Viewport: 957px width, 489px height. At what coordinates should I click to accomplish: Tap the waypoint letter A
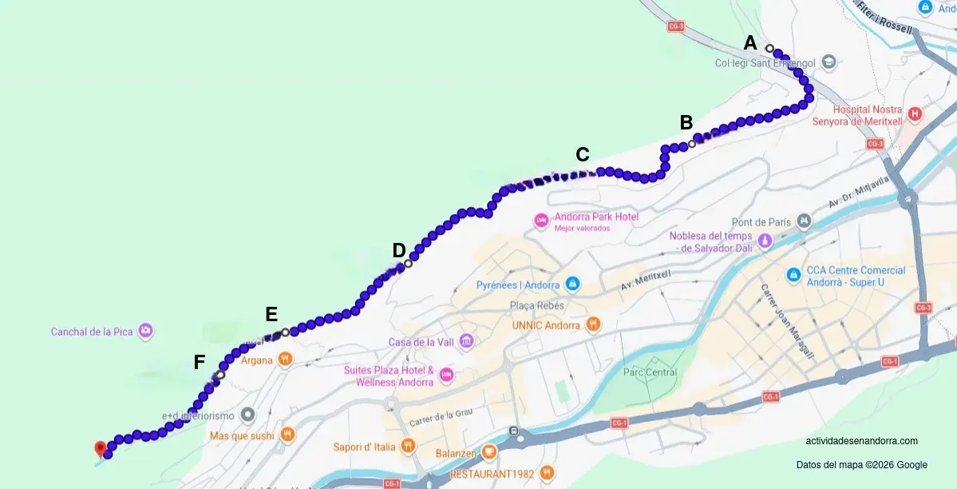pyautogui.click(x=750, y=43)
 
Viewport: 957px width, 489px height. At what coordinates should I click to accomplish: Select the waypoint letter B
pyautogui.click(x=686, y=122)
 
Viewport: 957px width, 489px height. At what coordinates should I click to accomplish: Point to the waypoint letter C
pyautogui.click(x=583, y=154)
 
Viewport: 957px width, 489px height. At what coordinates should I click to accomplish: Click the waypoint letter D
pyautogui.click(x=399, y=251)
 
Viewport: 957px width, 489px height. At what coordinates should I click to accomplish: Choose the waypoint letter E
pyautogui.click(x=271, y=314)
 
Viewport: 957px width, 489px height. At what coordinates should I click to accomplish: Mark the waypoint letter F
pyautogui.click(x=200, y=363)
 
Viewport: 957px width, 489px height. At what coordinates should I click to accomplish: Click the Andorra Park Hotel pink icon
pyautogui.click(x=541, y=219)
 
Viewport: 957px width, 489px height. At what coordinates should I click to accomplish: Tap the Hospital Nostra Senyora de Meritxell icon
pyautogui.click(x=915, y=114)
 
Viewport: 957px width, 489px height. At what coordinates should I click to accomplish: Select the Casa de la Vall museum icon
pyautogui.click(x=466, y=342)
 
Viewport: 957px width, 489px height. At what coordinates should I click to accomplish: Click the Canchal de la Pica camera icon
pyautogui.click(x=145, y=330)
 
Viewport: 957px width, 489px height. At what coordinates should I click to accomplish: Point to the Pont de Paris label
pyautogui.click(x=761, y=222)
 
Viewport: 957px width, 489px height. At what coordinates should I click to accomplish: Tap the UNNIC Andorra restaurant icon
pyautogui.click(x=592, y=324)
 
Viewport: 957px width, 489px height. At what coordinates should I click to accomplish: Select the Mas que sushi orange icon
pyautogui.click(x=287, y=435)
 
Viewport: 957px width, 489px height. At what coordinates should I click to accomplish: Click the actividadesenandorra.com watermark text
pyautogui.click(x=861, y=441)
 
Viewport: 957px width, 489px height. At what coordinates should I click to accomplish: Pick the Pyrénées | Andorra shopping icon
pyautogui.click(x=572, y=284)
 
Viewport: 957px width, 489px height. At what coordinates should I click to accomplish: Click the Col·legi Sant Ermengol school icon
pyautogui.click(x=828, y=62)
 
